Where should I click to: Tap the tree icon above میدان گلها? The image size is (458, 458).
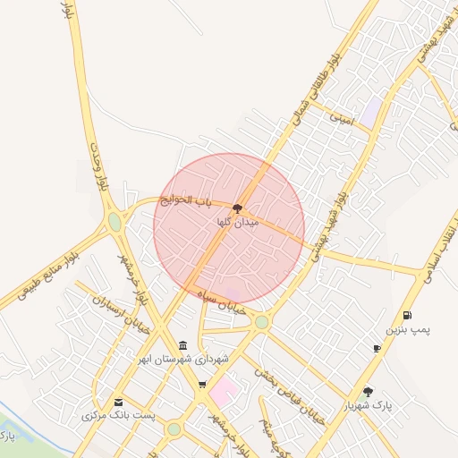(x=237, y=208)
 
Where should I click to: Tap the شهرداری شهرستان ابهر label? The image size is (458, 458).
(x=182, y=359)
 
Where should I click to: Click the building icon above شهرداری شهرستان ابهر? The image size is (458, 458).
(x=182, y=346)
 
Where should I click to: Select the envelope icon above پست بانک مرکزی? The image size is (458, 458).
(x=118, y=403)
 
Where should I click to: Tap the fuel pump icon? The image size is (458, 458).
(x=408, y=315)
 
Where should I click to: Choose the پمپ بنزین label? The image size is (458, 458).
(x=408, y=329)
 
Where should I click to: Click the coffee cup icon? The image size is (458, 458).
(x=377, y=348)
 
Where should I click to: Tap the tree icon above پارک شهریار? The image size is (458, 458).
(x=368, y=391)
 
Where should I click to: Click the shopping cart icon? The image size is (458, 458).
(x=202, y=386)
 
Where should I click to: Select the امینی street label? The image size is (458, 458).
(x=341, y=117)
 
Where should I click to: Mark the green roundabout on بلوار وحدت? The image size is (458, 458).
(x=114, y=221)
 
